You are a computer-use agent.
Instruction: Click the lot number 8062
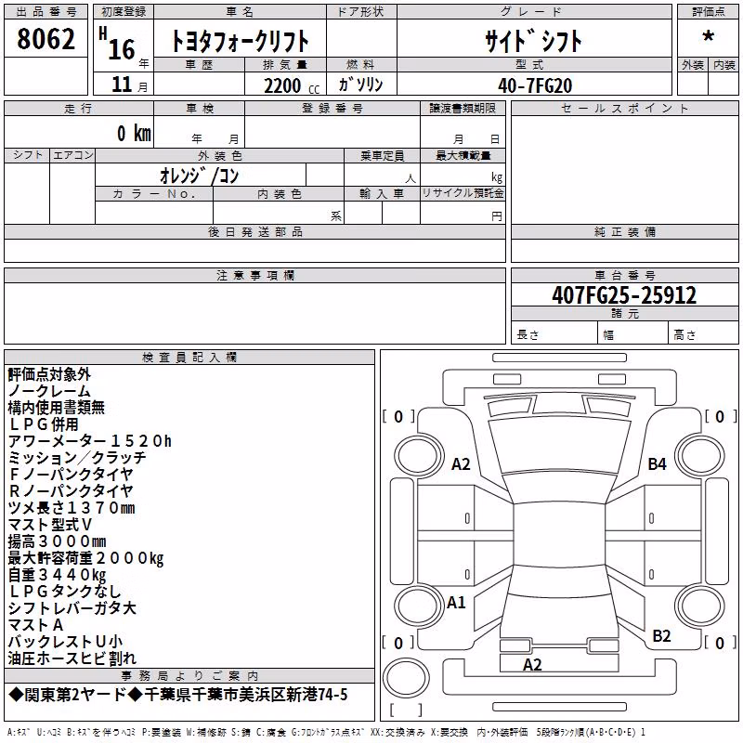tap(46, 39)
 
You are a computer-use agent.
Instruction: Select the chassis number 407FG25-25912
tap(624, 295)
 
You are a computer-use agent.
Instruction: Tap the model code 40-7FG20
tap(535, 85)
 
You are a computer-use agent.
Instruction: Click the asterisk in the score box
tap(708, 36)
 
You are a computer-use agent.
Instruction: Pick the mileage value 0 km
tap(134, 133)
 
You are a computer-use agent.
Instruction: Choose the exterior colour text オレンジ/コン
tap(199, 176)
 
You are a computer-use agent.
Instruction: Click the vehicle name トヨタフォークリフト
tap(240, 41)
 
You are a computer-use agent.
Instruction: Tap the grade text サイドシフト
tap(533, 41)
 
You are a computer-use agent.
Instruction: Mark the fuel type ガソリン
tap(360, 85)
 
